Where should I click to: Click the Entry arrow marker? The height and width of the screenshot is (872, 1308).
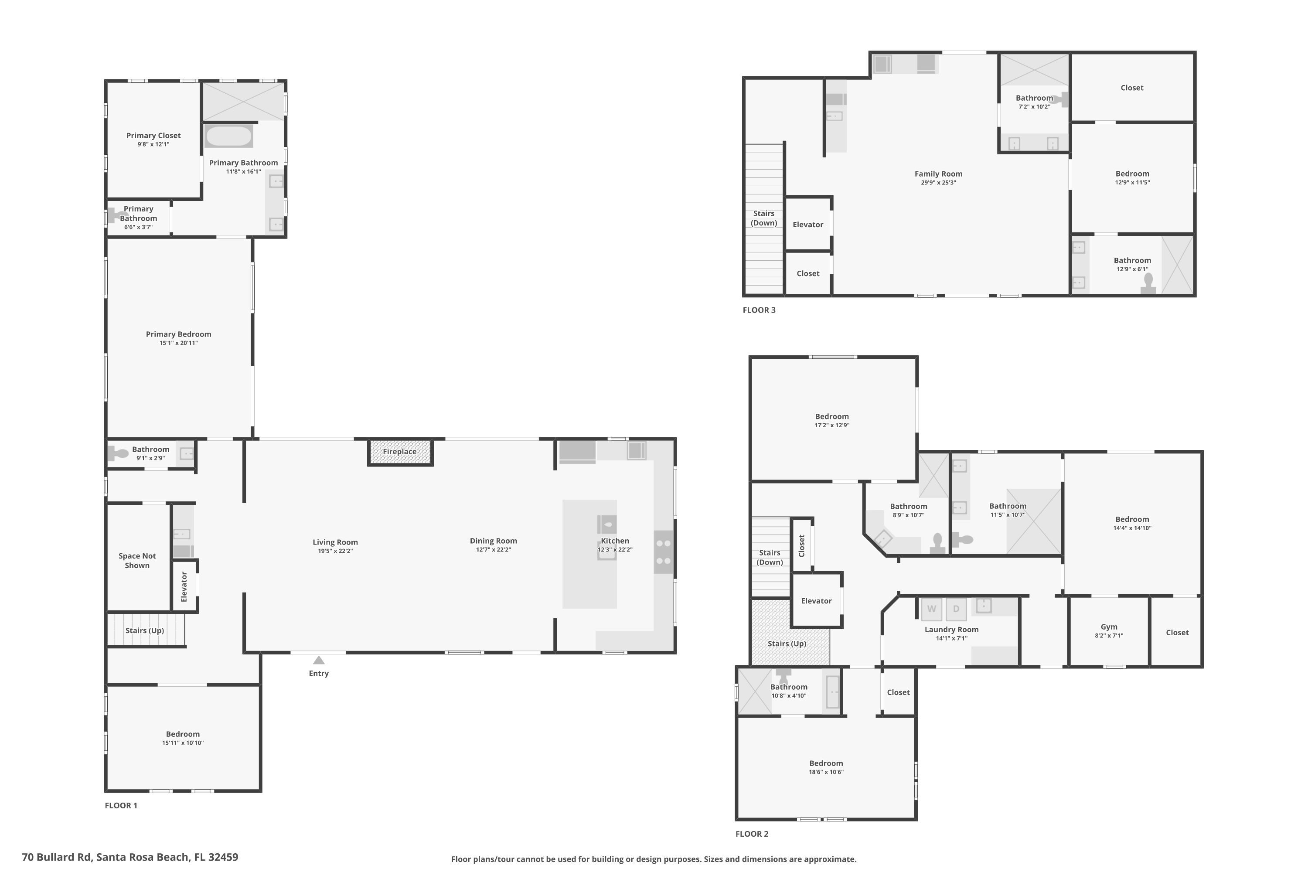(319, 660)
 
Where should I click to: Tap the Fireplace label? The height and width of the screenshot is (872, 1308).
(399, 452)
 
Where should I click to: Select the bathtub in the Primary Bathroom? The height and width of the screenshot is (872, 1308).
(228, 136)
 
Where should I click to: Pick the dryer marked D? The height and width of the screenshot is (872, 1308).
(956, 609)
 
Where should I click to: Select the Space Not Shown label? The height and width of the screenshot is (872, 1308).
(137, 561)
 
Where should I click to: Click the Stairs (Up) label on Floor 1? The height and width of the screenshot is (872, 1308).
(145, 630)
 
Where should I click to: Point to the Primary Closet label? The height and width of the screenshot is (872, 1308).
(153, 136)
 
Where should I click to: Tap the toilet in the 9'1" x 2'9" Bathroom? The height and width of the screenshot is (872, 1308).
(118, 453)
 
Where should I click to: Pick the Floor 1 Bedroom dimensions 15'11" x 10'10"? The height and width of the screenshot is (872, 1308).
(183, 743)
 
